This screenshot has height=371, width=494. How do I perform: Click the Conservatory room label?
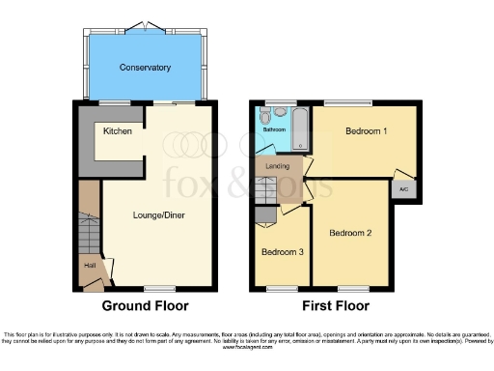[x=145, y=68]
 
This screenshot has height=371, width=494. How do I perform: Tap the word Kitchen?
[x=118, y=130]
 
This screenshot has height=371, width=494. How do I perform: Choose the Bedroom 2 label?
[x=349, y=233]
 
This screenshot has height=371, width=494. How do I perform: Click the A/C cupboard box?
[x=403, y=189]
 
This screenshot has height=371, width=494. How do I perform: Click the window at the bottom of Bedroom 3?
[x=282, y=288]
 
